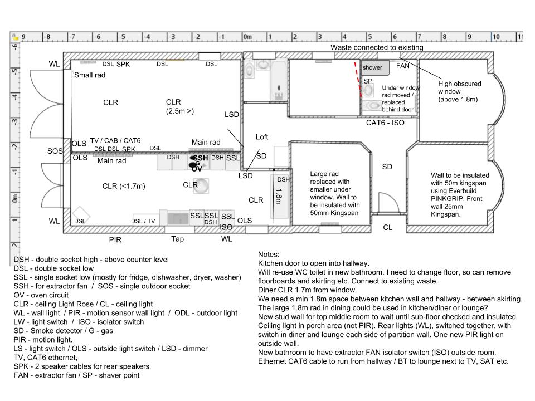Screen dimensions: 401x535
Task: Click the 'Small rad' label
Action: coord(90,75)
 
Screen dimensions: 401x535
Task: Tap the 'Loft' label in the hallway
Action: coord(262,136)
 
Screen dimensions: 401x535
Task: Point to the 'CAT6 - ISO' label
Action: coord(385,122)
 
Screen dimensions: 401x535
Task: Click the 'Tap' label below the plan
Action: coord(177,239)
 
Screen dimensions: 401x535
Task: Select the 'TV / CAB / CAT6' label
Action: coord(115,141)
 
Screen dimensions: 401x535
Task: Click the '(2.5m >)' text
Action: coord(180,111)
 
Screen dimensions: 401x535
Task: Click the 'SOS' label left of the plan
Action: coord(55,151)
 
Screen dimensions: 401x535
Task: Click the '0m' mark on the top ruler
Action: coord(247,37)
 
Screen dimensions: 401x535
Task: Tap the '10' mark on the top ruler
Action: coord(495,37)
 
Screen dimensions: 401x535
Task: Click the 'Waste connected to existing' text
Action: coord(377,47)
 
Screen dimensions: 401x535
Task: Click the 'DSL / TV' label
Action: coord(143,221)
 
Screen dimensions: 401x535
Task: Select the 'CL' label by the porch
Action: coord(387,227)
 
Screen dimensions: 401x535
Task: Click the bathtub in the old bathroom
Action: coord(278,80)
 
